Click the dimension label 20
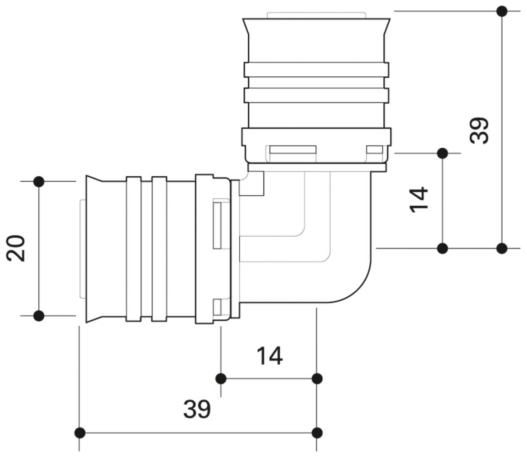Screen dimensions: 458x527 (x=16, y=248)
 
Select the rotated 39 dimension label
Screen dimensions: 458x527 (x=479, y=130)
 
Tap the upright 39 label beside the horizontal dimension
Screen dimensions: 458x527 (x=197, y=409)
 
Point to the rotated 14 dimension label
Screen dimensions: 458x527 (x=419, y=199)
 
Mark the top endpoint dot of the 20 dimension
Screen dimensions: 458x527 (x=39, y=182)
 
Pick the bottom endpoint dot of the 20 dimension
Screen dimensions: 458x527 (x=39, y=315)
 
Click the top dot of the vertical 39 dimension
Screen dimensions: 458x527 (x=502, y=11)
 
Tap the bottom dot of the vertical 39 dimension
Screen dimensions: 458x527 (x=502, y=248)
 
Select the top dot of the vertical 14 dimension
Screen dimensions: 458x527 (x=442, y=153)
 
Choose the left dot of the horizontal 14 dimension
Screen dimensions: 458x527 (x=221, y=378)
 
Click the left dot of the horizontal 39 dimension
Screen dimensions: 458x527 (x=80, y=433)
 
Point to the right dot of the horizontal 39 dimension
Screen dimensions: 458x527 (x=317, y=433)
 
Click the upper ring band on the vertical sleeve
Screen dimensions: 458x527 (x=316, y=70)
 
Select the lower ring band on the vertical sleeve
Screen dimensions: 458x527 (x=316, y=95)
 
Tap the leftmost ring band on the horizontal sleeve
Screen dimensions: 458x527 (x=133, y=249)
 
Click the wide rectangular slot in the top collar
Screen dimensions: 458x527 (x=293, y=149)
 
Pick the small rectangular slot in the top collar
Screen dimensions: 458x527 (x=375, y=149)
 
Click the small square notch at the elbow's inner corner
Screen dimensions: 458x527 (x=251, y=186)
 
